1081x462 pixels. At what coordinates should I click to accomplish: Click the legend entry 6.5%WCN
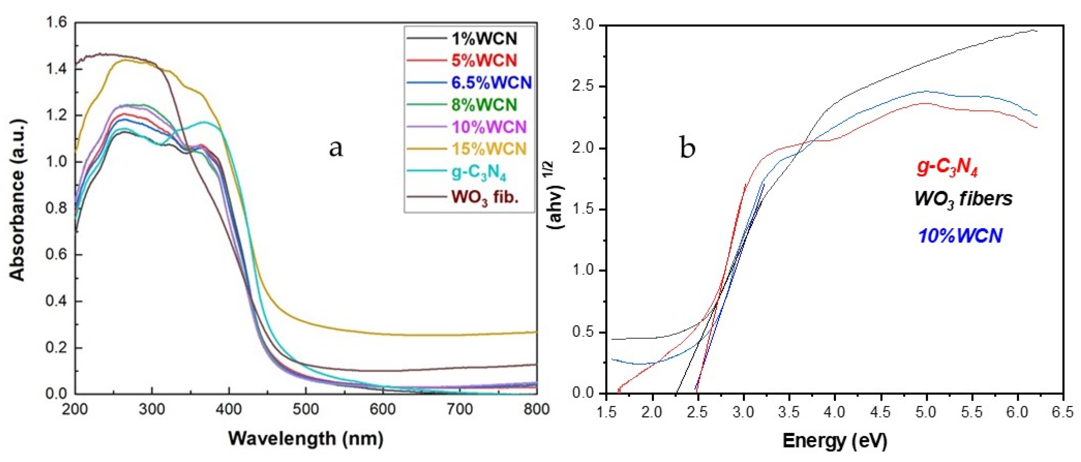(491, 83)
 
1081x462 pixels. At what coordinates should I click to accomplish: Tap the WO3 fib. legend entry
(485, 197)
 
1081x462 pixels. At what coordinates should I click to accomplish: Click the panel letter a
(336, 148)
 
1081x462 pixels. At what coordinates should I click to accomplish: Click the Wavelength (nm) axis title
(306, 439)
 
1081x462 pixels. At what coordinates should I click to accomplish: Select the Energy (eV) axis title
(835, 441)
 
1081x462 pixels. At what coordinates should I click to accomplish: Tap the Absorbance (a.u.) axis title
(17, 200)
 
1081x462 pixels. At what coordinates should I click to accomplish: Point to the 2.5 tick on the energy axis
(697, 412)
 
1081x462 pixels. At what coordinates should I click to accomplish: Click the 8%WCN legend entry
(484, 104)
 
